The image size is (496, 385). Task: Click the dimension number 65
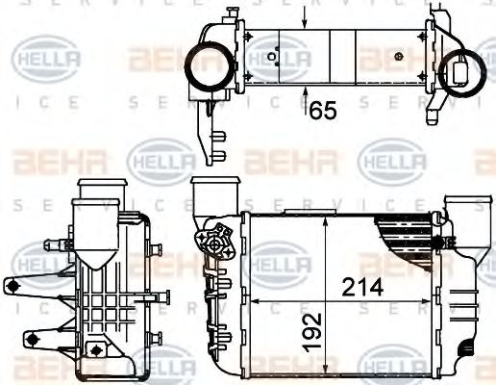tap(323, 111)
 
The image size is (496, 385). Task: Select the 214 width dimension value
tap(364, 287)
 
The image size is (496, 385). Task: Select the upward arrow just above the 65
tap(305, 96)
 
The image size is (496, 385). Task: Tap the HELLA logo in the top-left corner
tap(41, 60)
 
